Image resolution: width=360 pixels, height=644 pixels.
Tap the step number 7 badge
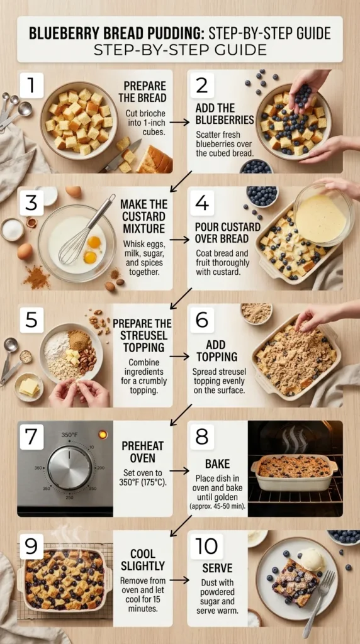[31, 437]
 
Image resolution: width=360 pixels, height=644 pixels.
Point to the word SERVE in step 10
[218, 568]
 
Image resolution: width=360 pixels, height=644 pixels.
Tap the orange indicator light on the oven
[103, 435]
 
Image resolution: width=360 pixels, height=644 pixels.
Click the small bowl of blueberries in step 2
[256, 166]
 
